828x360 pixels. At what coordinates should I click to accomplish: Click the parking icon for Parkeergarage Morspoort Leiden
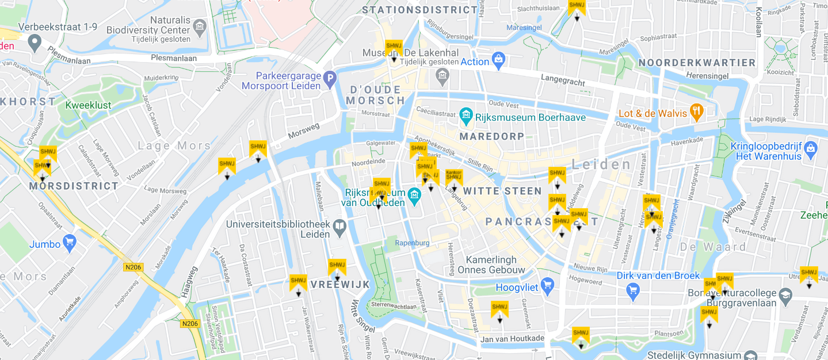point(329,79)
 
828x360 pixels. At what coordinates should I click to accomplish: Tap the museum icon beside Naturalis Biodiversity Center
point(200,26)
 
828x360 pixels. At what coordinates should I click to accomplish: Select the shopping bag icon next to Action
point(498,59)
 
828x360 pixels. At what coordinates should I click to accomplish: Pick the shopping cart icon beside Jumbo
point(70,242)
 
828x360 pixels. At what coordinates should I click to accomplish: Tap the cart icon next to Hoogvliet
point(547,285)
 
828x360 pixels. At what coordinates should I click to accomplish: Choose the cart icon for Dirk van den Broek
point(633,289)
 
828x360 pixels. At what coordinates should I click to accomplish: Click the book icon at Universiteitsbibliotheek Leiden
point(339,227)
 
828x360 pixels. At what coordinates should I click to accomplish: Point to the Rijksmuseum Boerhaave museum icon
point(466,116)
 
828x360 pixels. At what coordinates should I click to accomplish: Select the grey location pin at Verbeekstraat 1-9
point(35,41)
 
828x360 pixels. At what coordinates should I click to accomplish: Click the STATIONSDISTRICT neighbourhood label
point(421,10)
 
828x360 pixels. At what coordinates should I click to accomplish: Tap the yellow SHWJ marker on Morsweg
point(258,150)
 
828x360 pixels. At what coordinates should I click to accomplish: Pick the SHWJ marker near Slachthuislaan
point(577,8)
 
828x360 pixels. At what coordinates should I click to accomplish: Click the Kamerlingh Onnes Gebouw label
point(495,265)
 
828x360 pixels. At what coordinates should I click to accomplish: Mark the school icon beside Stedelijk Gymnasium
point(750,356)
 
